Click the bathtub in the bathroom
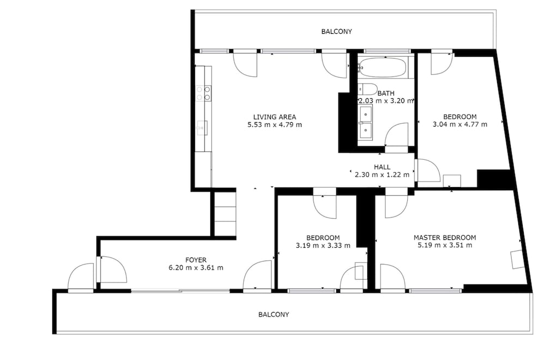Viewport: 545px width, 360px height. tap(383, 67)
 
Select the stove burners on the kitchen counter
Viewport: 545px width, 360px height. tap(203, 93)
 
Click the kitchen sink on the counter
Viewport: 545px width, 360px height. tap(202, 128)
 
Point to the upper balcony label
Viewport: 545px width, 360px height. tap(336, 32)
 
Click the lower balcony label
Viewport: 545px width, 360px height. tap(274, 314)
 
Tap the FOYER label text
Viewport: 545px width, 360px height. tap(196, 260)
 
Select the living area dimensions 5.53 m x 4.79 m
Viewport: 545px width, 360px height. tap(275, 124)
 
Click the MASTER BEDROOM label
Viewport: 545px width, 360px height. tap(445, 238)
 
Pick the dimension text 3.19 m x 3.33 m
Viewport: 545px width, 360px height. tap(323, 245)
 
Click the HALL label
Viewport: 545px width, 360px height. tap(382, 167)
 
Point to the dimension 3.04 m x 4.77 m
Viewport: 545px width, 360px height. tap(460, 124)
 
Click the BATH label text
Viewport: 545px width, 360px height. tap(386, 93)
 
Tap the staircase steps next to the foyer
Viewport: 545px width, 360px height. tap(225, 214)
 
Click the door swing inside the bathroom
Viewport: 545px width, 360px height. tap(396, 135)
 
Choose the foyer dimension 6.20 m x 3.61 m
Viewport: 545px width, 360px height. tap(196, 268)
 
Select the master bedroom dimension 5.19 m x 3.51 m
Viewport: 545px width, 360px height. tap(445, 245)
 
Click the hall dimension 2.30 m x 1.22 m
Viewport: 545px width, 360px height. tap(382, 175)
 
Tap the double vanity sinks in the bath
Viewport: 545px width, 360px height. tap(365, 123)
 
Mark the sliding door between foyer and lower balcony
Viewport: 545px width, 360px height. tap(180, 290)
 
